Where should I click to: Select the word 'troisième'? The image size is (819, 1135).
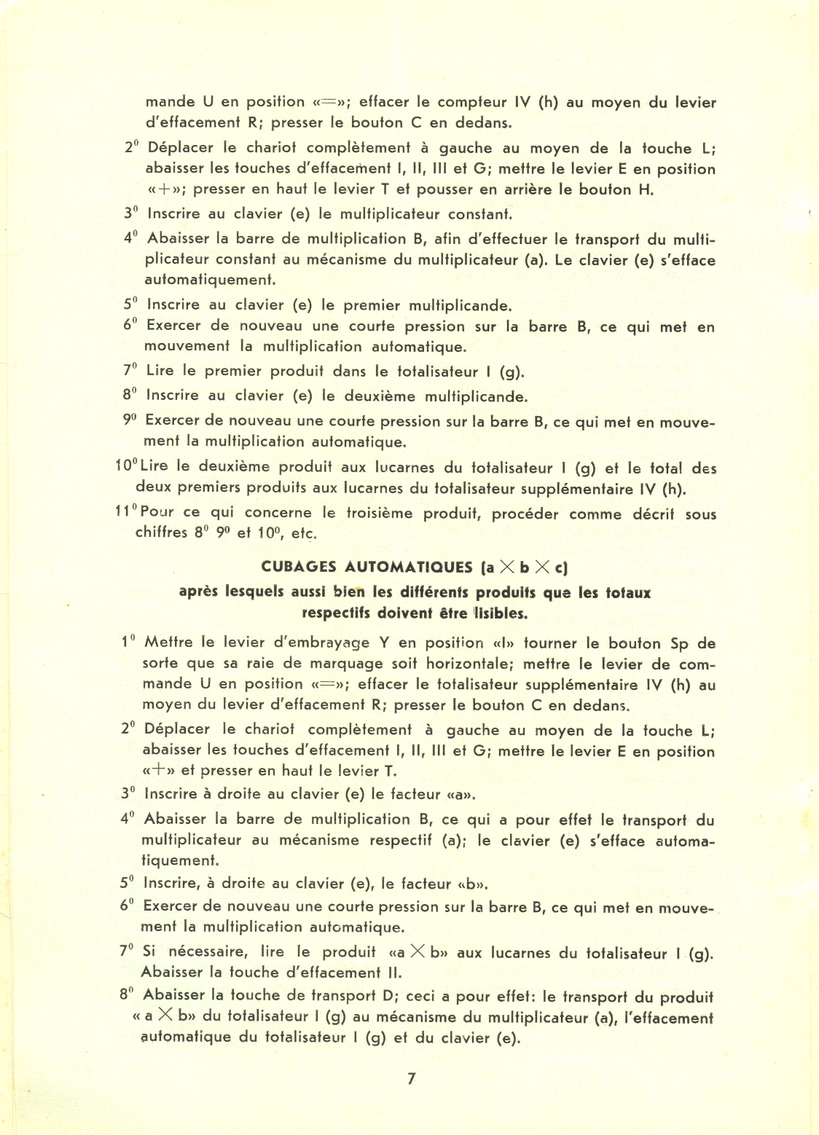[378, 513]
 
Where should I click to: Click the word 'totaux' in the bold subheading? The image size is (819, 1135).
[628, 592]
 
